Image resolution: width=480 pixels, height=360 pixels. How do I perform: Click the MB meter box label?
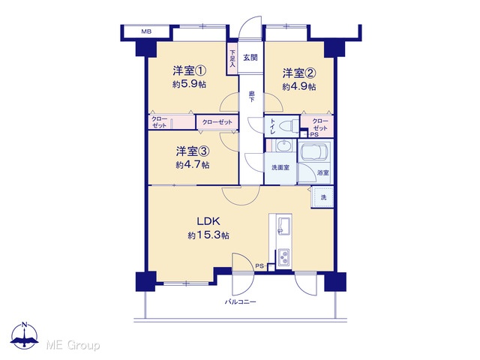tap(146, 31)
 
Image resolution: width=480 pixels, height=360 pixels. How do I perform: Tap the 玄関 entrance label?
tap(250, 58)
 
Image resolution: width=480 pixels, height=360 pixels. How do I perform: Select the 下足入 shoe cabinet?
tap(232, 58)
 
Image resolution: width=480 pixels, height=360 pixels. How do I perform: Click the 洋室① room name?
tap(189, 71)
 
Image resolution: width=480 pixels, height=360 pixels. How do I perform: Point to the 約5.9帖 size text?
tap(189, 84)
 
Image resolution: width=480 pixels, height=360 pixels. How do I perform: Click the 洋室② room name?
tap(299, 73)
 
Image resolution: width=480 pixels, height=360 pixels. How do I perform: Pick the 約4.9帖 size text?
tap(299, 87)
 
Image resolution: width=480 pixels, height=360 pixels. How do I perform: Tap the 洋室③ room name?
tap(193, 151)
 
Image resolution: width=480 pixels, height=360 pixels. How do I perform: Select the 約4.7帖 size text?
tap(193, 165)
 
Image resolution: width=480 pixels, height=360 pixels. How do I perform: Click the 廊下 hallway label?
tap(252, 97)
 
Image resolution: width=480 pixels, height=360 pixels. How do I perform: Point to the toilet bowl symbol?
tap(287, 125)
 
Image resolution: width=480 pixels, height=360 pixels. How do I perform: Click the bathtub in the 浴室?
tap(316, 151)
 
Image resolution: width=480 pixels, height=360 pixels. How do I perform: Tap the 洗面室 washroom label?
tap(280, 168)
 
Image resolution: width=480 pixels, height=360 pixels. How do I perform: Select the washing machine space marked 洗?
tap(322, 197)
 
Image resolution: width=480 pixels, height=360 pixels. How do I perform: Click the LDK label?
tap(208, 221)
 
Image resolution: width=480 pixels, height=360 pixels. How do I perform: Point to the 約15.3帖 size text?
tap(208, 235)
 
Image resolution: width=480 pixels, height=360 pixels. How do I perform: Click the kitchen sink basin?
tap(284, 226)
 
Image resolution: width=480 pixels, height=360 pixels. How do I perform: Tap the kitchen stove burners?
tap(284, 256)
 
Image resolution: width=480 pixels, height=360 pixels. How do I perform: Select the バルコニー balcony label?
tap(240, 302)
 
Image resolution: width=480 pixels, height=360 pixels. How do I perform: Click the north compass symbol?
tap(25, 335)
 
